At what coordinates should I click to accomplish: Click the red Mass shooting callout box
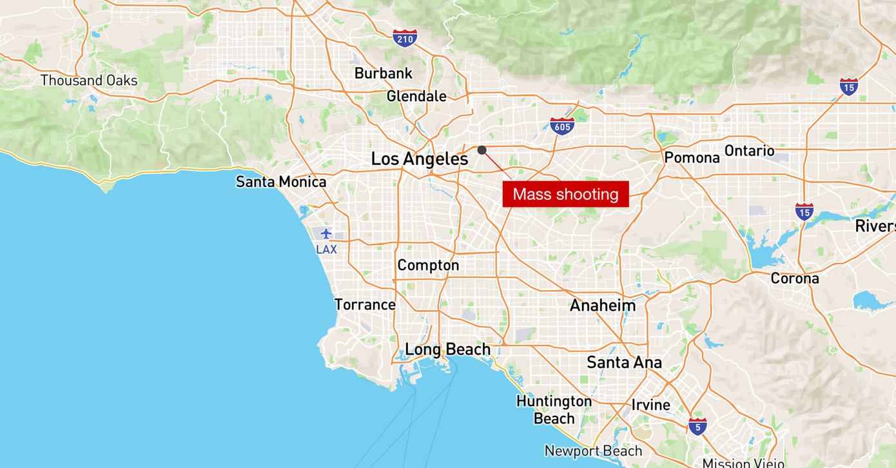[565, 194]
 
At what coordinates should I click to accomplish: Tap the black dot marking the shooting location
[482, 150]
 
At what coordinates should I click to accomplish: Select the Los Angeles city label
[420, 159]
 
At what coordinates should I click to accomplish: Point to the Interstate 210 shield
[405, 39]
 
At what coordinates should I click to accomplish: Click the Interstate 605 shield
[562, 126]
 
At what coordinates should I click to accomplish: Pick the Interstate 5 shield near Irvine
[697, 426]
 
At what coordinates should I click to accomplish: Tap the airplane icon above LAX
[326, 233]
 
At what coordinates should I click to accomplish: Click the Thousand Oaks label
[89, 81]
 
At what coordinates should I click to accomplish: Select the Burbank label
[384, 73]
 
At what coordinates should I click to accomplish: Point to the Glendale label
[416, 97]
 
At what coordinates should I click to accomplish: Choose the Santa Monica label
[281, 182]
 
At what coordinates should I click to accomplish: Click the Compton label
[428, 265]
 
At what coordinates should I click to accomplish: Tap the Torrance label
[365, 304]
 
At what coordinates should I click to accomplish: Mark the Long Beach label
[447, 349]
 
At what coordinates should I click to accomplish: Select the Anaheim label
[603, 306]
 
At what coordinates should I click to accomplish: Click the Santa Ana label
[624, 362]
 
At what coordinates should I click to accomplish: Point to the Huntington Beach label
[554, 410]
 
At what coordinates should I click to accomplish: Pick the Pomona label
[692, 157]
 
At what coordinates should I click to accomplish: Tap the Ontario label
[750, 151]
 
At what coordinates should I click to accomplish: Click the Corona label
[795, 278]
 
